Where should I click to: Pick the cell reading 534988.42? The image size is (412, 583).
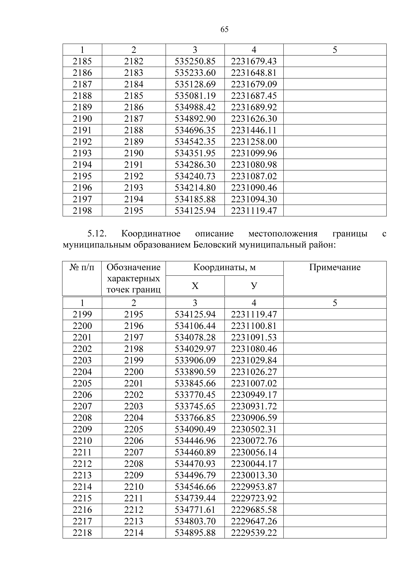[195, 107]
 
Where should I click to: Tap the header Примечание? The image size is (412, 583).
[335, 267]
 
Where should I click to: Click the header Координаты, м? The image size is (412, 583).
[224, 267]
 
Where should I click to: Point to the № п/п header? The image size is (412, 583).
[82, 267]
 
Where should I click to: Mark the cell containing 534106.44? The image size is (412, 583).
[195, 326]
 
